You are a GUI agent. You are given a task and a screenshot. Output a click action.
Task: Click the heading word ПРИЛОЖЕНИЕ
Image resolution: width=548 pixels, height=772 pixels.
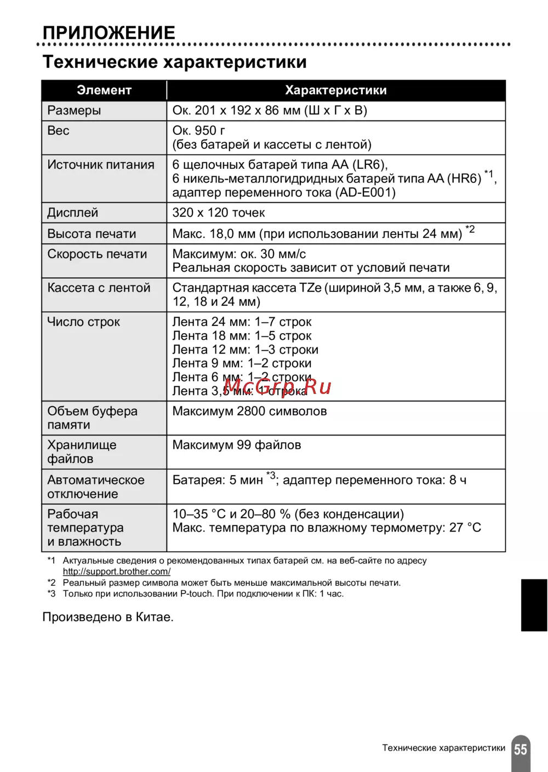click(109, 33)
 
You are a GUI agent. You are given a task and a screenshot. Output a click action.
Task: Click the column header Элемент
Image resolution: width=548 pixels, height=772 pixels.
click(104, 90)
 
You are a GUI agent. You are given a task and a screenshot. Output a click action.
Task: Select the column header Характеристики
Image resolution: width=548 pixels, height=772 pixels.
click(335, 90)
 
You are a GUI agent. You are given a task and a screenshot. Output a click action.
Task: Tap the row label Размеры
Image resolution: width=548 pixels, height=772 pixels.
click(74, 111)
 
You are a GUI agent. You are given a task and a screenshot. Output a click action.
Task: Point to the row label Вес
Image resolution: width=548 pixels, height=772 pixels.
click(58, 131)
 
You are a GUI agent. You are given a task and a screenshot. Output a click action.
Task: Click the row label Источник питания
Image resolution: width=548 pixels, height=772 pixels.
click(101, 165)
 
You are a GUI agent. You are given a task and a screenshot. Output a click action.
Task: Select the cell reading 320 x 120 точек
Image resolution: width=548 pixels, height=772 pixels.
click(219, 213)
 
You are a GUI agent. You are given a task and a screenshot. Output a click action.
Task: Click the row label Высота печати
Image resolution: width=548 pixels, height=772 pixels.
click(92, 234)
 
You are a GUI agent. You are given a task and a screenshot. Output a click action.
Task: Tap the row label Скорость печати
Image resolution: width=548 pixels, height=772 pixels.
click(97, 254)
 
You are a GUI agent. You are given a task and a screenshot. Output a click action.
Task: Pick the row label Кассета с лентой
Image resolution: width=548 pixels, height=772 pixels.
click(99, 288)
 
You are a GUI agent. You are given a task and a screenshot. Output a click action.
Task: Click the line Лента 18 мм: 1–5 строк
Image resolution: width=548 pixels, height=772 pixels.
click(242, 336)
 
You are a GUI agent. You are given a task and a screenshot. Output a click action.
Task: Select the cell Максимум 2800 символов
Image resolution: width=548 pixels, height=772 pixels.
click(249, 411)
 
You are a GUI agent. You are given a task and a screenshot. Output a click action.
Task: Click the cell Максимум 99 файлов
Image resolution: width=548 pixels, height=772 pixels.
click(237, 445)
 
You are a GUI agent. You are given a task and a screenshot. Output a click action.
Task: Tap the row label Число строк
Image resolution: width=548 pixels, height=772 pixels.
click(83, 322)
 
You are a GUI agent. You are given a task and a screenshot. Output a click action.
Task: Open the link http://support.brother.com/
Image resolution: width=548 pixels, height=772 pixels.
click(116, 571)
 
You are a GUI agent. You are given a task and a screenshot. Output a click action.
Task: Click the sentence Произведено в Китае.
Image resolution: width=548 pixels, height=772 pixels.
click(108, 617)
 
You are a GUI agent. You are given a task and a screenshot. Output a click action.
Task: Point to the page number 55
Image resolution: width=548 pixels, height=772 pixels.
click(521, 750)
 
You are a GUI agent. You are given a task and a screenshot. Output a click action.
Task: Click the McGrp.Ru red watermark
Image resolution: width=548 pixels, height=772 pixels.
click(277, 387)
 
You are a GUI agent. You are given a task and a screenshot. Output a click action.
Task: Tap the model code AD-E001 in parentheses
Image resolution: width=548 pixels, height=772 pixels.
click(366, 193)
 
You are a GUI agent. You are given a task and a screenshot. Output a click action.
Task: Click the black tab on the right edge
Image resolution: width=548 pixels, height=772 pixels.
click(534, 605)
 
